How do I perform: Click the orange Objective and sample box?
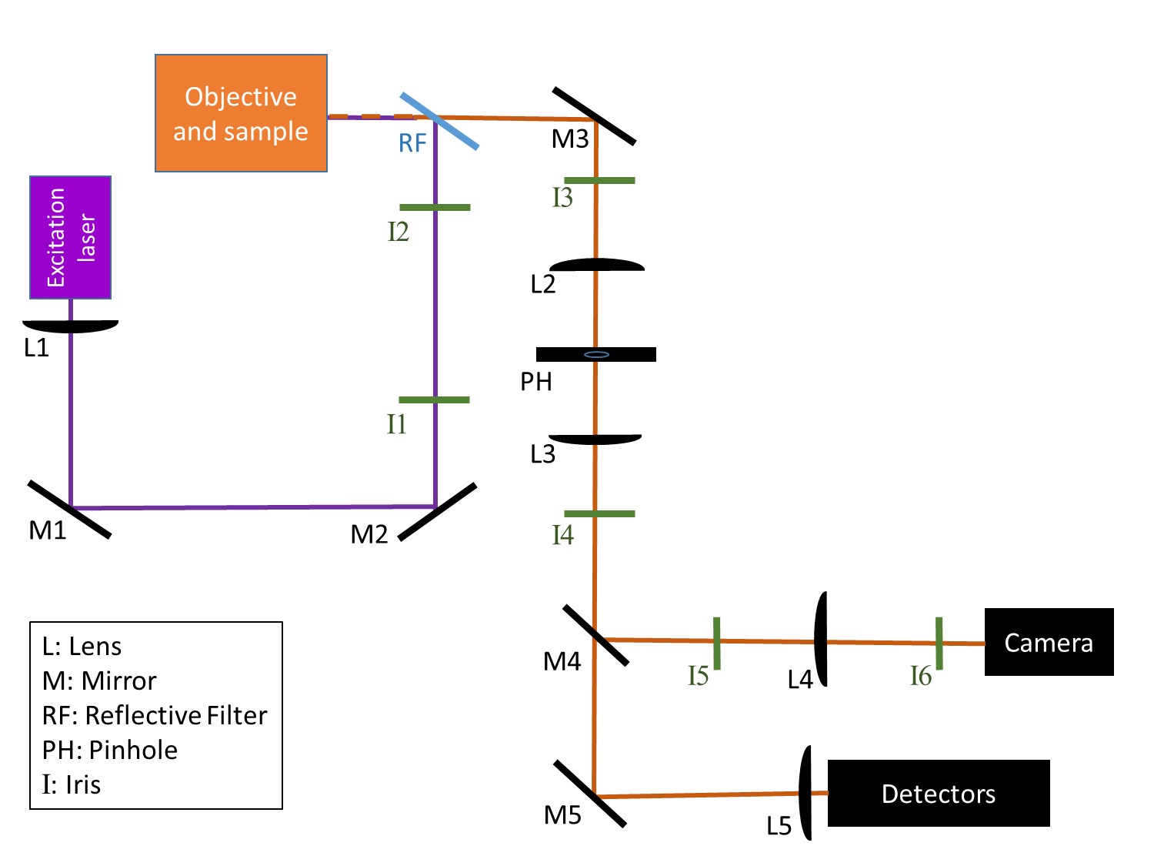pyautogui.click(x=241, y=113)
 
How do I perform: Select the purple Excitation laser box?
pyautogui.click(x=71, y=237)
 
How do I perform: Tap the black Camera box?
pyautogui.click(x=1049, y=642)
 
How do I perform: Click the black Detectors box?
pyautogui.click(x=938, y=793)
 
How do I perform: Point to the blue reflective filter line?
pyautogui.click(x=439, y=121)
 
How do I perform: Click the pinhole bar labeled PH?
pyautogui.click(x=596, y=354)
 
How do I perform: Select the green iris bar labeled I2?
pyautogui.click(x=435, y=207)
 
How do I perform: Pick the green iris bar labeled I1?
pyautogui.click(x=434, y=400)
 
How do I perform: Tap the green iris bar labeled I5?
pyautogui.click(x=716, y=643)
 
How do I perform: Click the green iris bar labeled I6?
pyautogui.click(x=939, y=643)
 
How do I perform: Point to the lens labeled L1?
pyautogui.click(x=71, y=326)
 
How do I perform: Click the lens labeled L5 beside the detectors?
pyautogui.click(x=805, y=793)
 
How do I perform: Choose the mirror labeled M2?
pyautogui.click(x=437, y=512)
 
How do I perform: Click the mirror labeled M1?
pyautogui.click(x=69, y=509)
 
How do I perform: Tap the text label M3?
pyautogui.click(x=570, y=139)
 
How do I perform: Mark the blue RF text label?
pyautogui.click(x=412, y=143)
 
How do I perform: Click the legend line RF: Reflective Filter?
pyautogui.click(x=155, y=715)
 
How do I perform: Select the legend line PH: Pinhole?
pyautogui.click(x=110, y=750)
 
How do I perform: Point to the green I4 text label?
pyautogui.click(x=562, y=535)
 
